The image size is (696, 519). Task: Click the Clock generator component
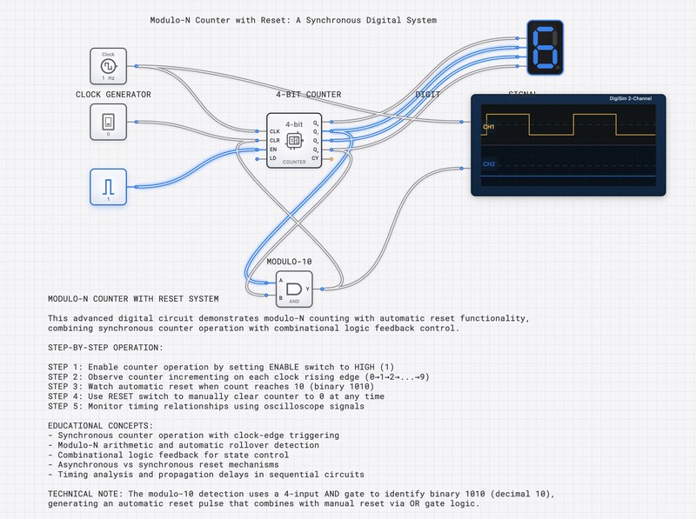108,66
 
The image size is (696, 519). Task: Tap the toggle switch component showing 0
108,122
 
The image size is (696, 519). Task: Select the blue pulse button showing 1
108,186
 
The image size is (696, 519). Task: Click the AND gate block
294,289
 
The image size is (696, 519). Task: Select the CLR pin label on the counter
275,140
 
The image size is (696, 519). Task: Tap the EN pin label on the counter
273,150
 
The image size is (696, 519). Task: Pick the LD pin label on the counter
273,159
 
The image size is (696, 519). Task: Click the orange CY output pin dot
330,159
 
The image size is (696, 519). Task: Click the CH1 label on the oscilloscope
488,127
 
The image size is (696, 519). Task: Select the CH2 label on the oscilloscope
488,163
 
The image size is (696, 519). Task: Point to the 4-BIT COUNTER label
308,94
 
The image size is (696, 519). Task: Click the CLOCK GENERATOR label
113,94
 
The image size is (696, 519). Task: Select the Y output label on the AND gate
307,288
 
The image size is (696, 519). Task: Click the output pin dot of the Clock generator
136,66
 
